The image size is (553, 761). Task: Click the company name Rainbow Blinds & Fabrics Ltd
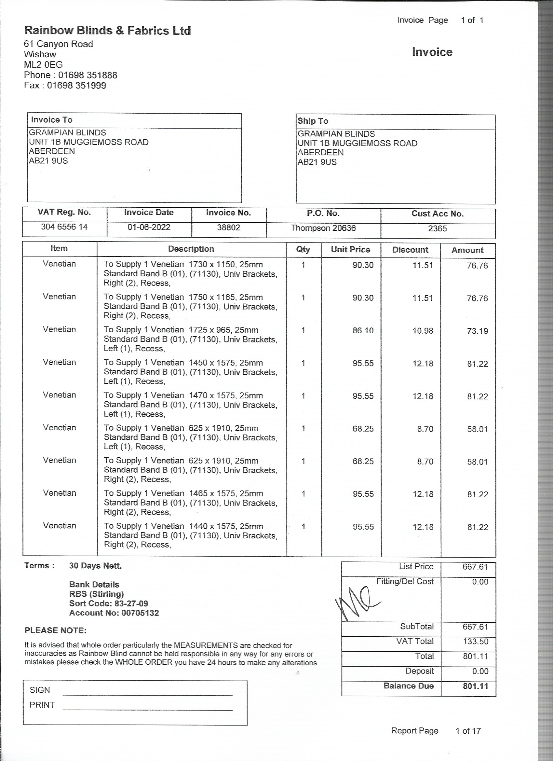[107, 31]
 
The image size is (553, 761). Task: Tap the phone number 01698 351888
[88, 75]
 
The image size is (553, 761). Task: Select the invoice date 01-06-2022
[149, 227]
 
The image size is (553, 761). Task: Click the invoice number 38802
[228, 228]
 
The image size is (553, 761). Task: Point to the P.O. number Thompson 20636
[323, 228]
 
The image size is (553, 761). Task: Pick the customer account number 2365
[437, 228]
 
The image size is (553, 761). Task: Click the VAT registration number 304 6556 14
[64, 227]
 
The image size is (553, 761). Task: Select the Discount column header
[410, 250]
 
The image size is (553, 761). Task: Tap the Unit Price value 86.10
[363, 330]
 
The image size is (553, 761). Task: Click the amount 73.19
[477, 331]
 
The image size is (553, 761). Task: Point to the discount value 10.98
[423, 330]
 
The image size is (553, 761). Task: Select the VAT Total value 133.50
[475, 641]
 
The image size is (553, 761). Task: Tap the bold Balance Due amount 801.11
[475, 686]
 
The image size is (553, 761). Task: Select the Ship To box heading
[313, 121]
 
